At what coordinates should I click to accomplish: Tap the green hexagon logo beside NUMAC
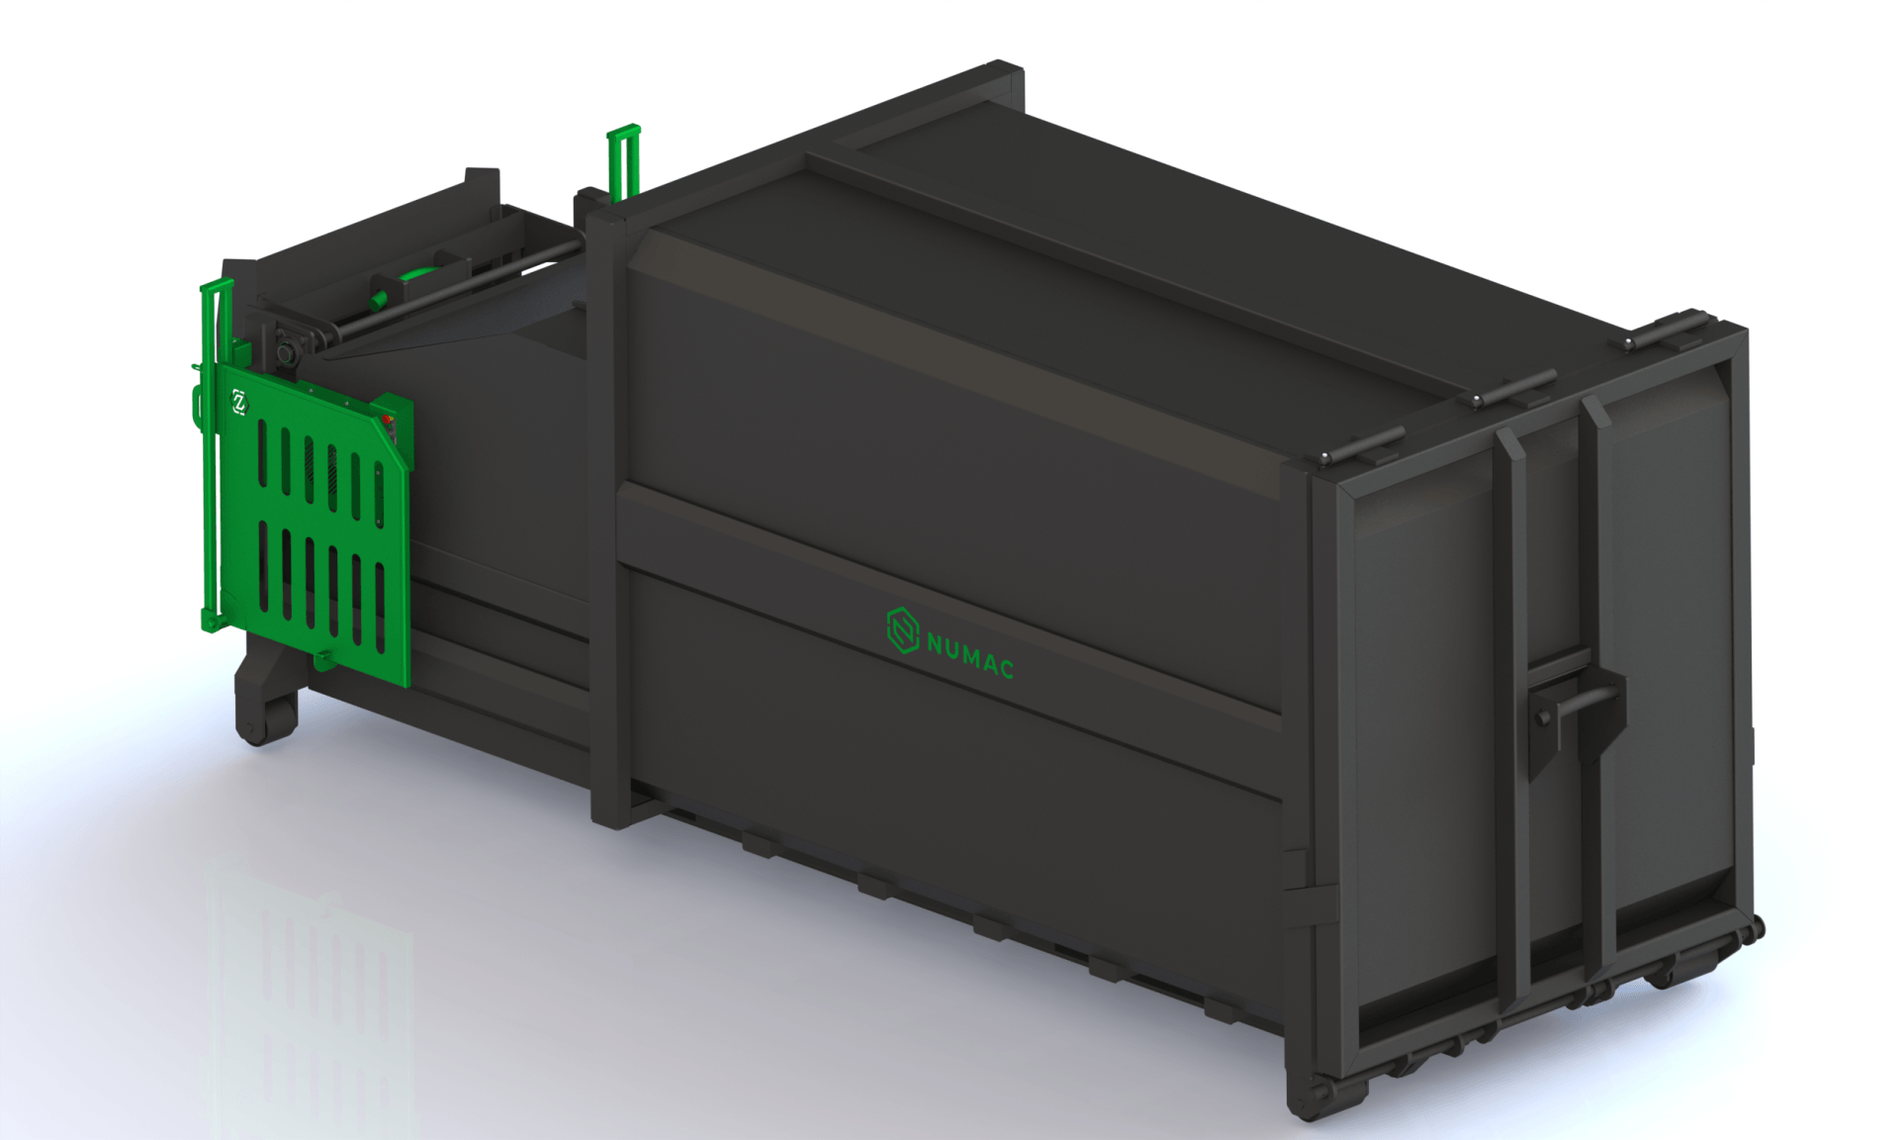click(x=902, y=631)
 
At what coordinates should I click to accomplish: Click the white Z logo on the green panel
click(x=239, y=402)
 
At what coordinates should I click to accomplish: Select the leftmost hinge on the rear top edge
click(x=1361, y=444)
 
